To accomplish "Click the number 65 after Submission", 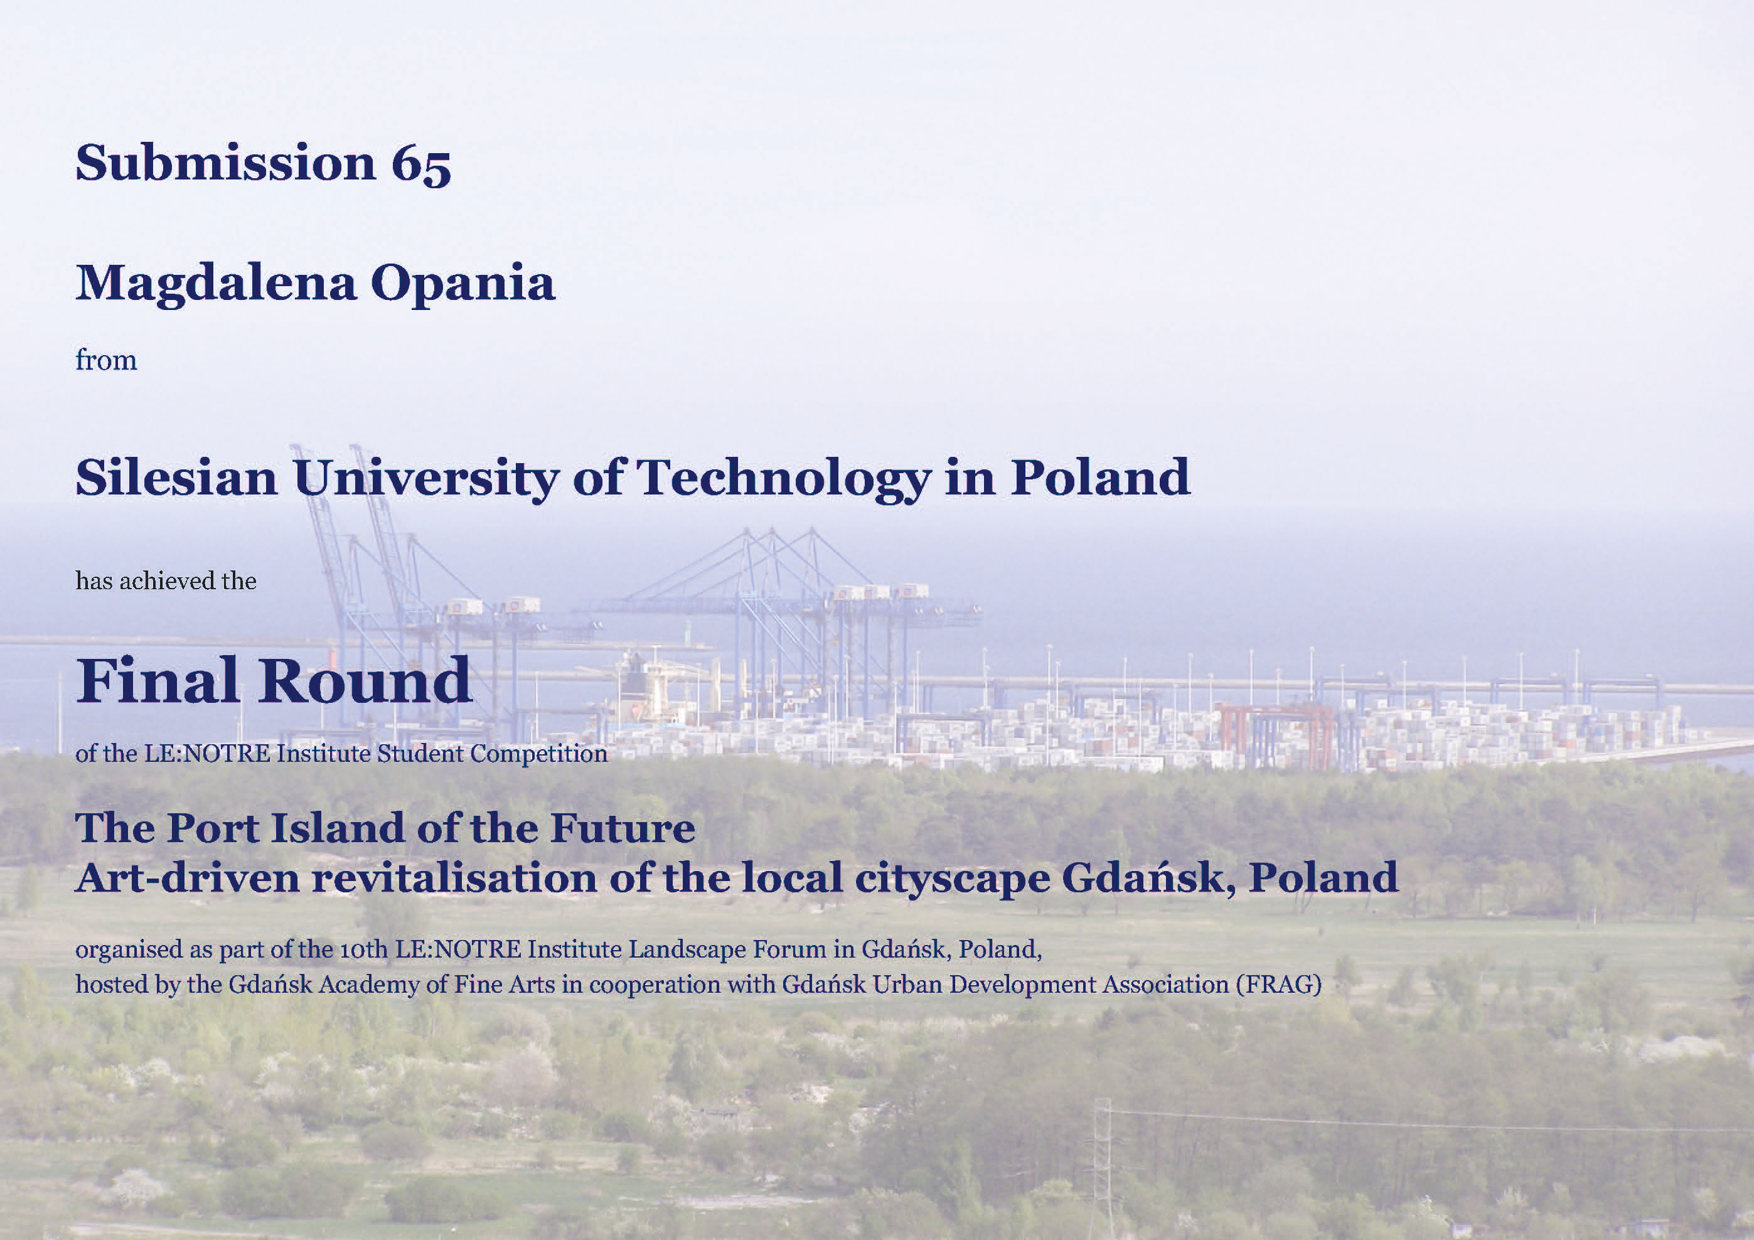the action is coord(421,164).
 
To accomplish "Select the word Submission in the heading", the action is coord(226,162).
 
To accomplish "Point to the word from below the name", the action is coord(106,359).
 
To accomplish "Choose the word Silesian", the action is coord(176,478).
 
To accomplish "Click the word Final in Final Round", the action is coord(158,680).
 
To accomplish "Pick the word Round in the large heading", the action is coord(366,680).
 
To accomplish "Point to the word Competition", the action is coord(538,754).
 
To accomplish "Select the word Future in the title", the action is coord(623,828).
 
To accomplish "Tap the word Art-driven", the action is coord(187,877).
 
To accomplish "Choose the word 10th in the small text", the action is coord(363,949).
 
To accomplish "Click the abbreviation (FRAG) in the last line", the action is coord(1279,985).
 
